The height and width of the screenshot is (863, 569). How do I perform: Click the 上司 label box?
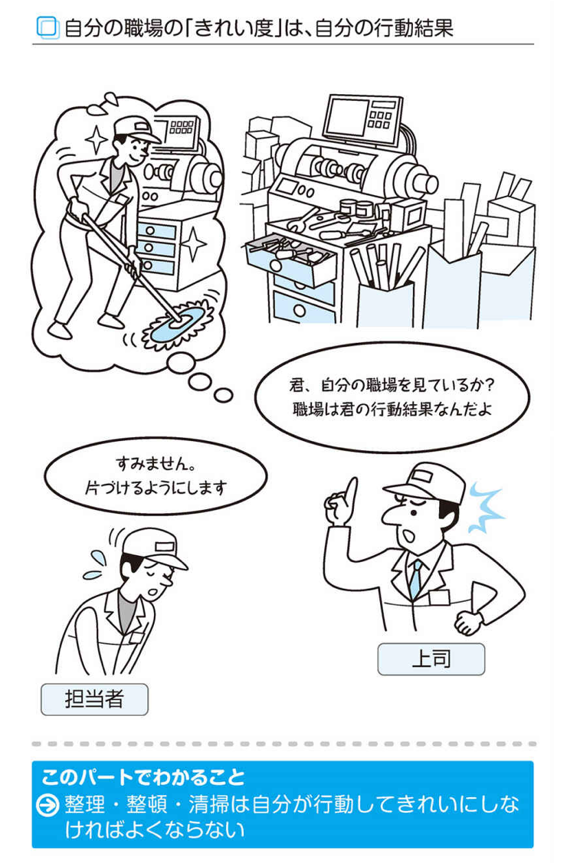(431, 659)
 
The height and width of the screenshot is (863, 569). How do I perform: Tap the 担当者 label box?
(94, 699)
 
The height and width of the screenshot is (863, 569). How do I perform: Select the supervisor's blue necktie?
(415, 578)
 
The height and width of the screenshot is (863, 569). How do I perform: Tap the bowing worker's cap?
(153, 548)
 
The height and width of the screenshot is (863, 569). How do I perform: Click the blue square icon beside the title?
(48, 27)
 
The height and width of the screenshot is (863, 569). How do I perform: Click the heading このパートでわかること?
(143, 776)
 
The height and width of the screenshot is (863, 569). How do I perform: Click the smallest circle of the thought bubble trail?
(223, 395)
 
